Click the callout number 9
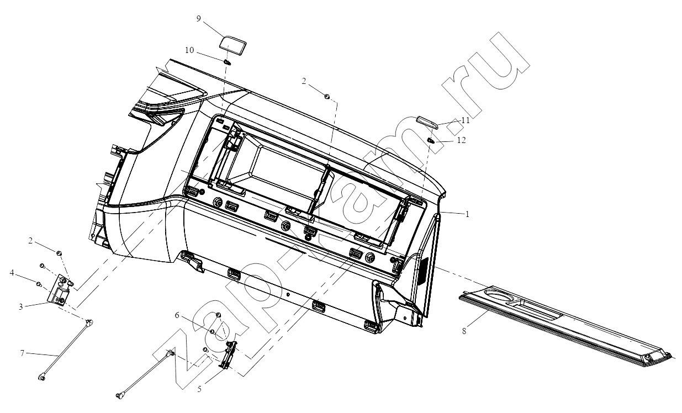(198, 19)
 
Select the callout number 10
(189, 50)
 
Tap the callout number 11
(466, 120)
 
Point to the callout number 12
(462, 140)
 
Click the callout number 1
(467, 214)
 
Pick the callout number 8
(464, 331)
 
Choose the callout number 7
(22, 353)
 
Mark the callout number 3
(20, 306)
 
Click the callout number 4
(12, 273)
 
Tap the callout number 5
(199, 389)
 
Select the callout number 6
(177, 315)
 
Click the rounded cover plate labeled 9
(233, 46)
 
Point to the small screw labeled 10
(227, 62)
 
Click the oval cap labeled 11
(427, 123)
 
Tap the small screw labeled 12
(430, 140)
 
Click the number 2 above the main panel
(304, 81)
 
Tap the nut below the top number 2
(326, 97)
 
